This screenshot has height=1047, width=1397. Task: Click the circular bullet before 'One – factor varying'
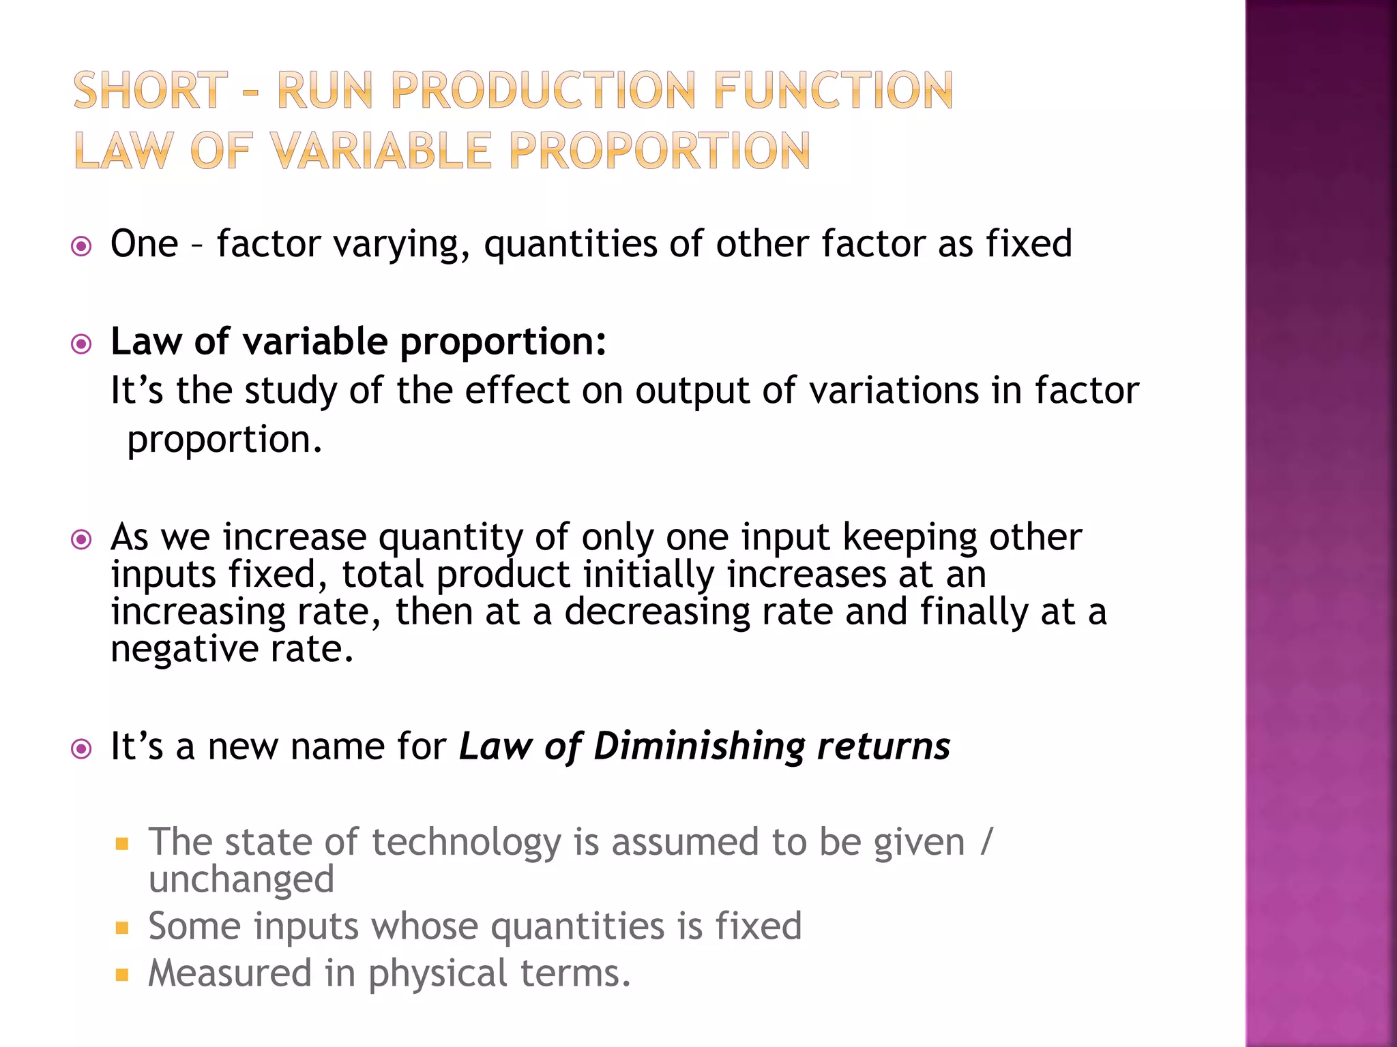[81, 246]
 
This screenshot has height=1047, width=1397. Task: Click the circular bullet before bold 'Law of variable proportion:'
[81, 344]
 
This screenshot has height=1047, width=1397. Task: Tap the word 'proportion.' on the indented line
[224, 440]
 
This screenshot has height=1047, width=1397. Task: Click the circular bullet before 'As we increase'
[81, 541]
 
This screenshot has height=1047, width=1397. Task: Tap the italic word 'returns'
[883, 746]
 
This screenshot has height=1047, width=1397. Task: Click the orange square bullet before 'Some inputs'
[122, 928]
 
